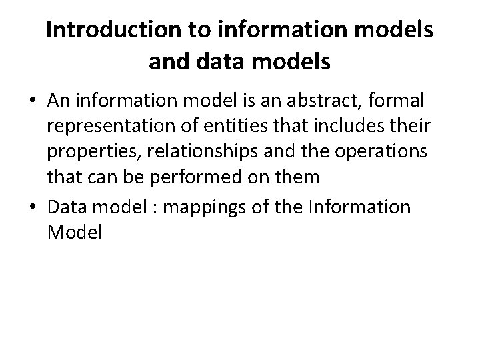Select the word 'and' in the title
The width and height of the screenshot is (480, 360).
[x=167, y=62]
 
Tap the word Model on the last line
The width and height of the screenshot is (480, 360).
[x=75, y=233]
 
